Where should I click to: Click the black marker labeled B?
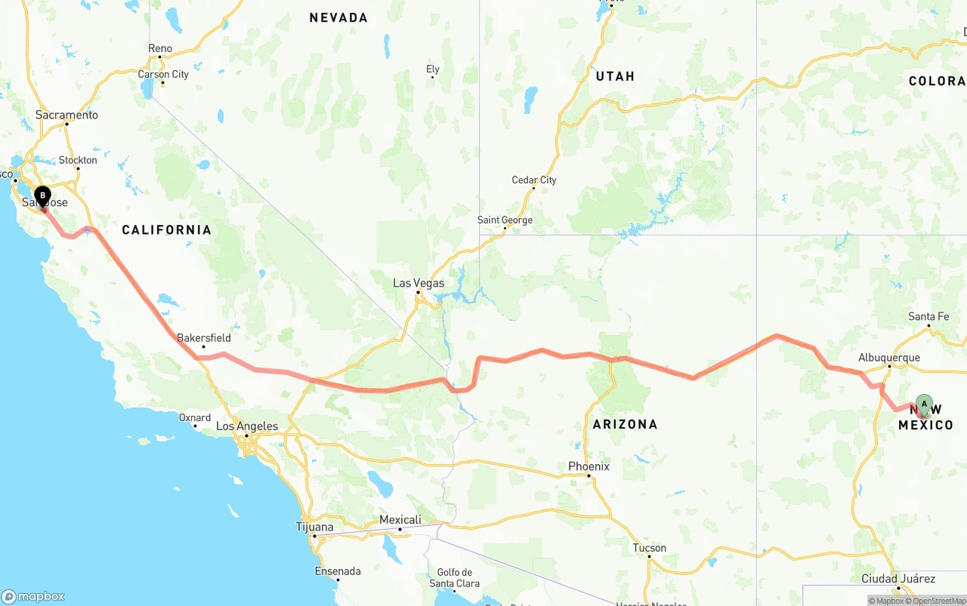coord(42,196)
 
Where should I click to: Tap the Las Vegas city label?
coord(419,284)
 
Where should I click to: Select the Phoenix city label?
coord(589,466)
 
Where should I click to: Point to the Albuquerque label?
coord(889,358)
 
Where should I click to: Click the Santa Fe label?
coord(928,317)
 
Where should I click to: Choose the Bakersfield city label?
coord(204,338)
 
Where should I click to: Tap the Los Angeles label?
coord(247,426)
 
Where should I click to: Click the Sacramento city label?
coord(66,115)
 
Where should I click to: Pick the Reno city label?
coord(160,48)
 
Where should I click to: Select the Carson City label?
coord(163,74)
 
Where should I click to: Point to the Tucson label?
coord(650,548)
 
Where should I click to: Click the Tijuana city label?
coord(314,527)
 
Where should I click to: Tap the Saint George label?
coord(505,220)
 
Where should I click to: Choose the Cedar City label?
coord(534,180)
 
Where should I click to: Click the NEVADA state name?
coord(338,17)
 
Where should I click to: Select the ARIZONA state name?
coord(625,424)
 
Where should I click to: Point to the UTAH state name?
coord(615,76)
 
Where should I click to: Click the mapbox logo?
coord(33,596)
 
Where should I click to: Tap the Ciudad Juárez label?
coord(898,579)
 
